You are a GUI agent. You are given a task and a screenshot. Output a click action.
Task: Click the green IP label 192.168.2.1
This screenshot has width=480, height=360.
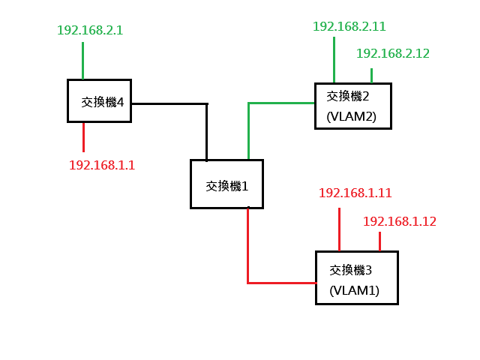pos(90,30)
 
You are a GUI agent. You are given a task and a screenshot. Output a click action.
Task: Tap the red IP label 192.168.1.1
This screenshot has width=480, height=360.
pos(102,165)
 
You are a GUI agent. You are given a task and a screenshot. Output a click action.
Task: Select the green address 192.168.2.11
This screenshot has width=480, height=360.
pos(349,26)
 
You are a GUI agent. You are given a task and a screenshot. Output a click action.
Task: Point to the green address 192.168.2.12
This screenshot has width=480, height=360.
pos(393,53)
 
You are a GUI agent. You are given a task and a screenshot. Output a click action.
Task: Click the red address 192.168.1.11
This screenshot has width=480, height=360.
pos(355,193)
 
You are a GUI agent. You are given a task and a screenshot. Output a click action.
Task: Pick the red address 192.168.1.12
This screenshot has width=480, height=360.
pos(400,221)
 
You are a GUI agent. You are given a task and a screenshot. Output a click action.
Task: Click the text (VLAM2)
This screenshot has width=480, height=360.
pos(352,117)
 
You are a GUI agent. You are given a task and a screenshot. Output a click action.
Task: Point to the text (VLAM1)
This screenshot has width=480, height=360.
pos(355,290)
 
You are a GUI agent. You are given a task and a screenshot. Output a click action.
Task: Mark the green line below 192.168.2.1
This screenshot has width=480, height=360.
pos(83,61)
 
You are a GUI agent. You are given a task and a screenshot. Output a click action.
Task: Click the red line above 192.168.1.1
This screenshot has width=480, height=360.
pos(83,137)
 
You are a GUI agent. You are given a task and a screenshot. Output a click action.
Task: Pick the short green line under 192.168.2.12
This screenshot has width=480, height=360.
pos(372,76)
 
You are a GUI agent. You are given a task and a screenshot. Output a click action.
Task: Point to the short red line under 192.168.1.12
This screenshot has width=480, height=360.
pos(380,241)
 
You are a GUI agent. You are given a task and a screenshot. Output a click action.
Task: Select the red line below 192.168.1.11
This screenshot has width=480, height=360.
pos(340,229)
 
